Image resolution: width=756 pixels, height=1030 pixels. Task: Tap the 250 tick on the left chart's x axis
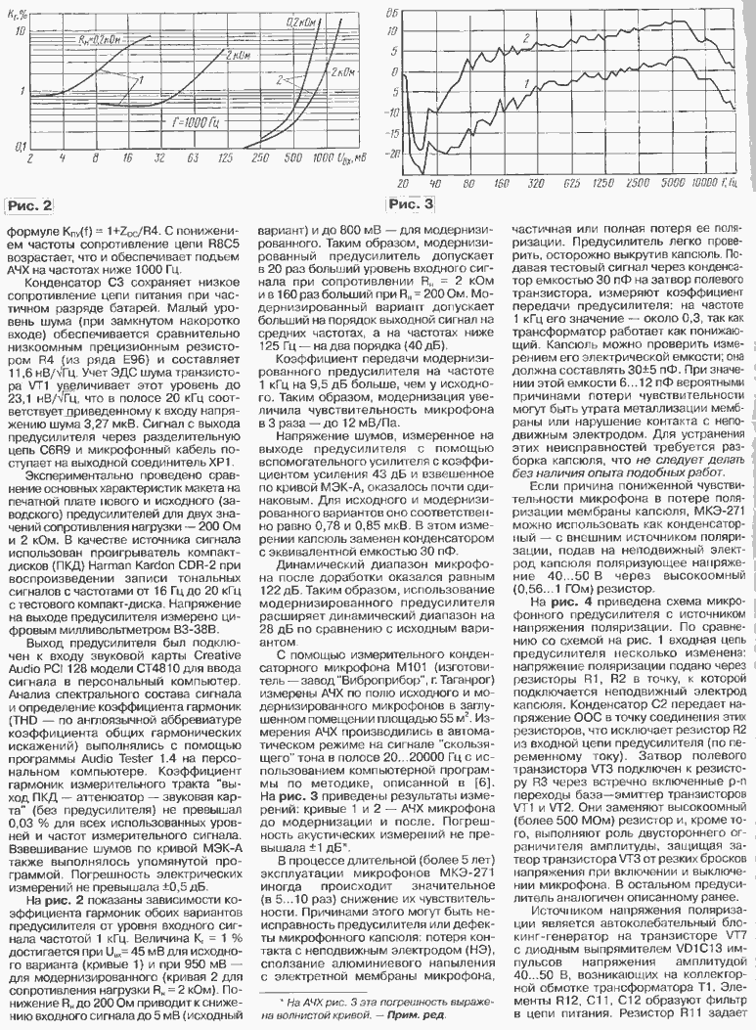tap(258, 157)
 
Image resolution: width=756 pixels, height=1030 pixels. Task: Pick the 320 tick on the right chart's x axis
tap(534, 182)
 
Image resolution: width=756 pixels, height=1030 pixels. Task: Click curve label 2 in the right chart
tap(526, 37)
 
